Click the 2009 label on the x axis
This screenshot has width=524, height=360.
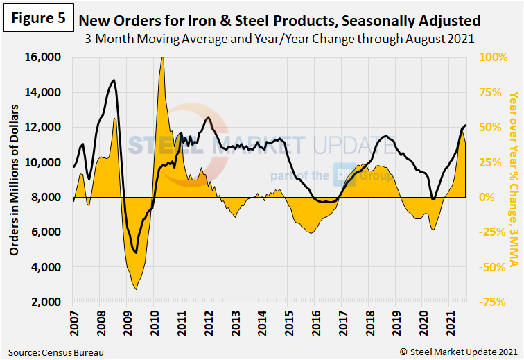(x=126, y=321)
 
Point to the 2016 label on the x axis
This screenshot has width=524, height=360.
(x=314, y=321)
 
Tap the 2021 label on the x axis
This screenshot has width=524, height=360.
(x=448, y=321)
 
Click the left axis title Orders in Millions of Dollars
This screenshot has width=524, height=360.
(x=15, y=180)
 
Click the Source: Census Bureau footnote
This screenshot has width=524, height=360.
(x=57, y=352)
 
